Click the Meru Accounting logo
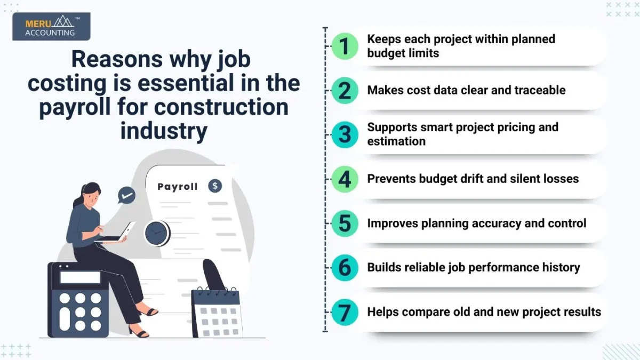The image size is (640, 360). (x=51, y=26)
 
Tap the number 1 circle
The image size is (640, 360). (x=345, y=46)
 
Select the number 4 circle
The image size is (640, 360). (x=345, y=179)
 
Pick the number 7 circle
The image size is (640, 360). (x=345, y=312)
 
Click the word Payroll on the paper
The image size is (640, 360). (x=178, y=187)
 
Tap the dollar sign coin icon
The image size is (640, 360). (x=215, y=186)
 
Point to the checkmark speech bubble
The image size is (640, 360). (x=126, y=195)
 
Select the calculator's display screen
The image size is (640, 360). (x=80, y=277)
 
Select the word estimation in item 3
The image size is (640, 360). (x=396, y=141)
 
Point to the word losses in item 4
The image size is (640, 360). (x=558, y=179)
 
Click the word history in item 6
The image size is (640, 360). (x=559, y=267)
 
